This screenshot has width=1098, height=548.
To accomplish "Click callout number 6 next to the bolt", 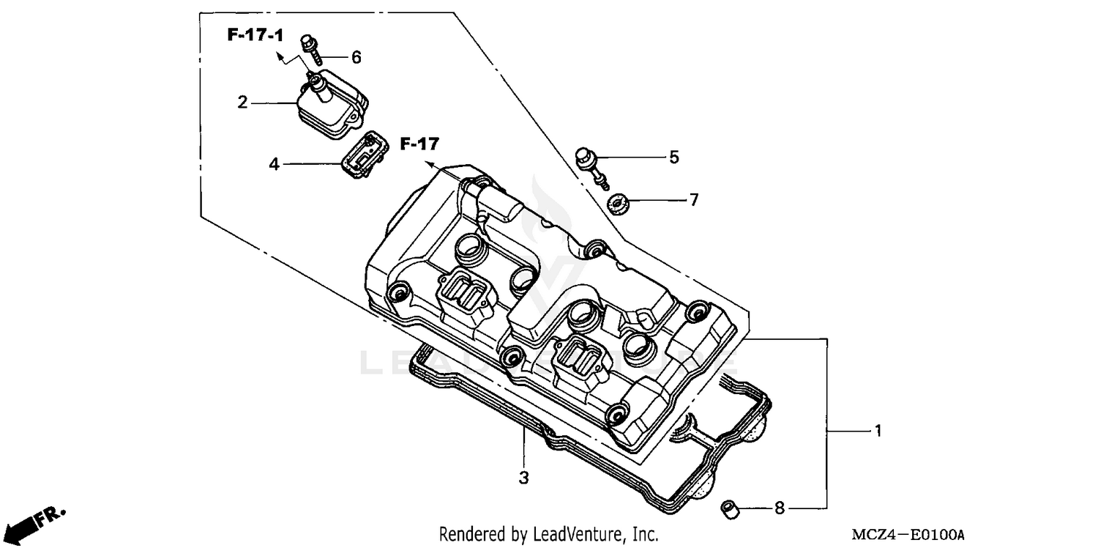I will tap(356, 56).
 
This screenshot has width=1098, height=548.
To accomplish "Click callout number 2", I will tap(243, 103).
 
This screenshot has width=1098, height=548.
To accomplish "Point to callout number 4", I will tap(274, 164).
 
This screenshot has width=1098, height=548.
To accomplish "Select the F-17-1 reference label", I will tap(254, 35).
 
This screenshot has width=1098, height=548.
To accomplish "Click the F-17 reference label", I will tap(419, 144).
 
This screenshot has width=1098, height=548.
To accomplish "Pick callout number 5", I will tap(673, 157).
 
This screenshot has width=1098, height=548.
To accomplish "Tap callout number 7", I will tap(692, 199).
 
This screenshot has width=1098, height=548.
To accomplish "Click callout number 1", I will tap(878, 431).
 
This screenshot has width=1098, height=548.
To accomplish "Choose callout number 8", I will tap(780, 508).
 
